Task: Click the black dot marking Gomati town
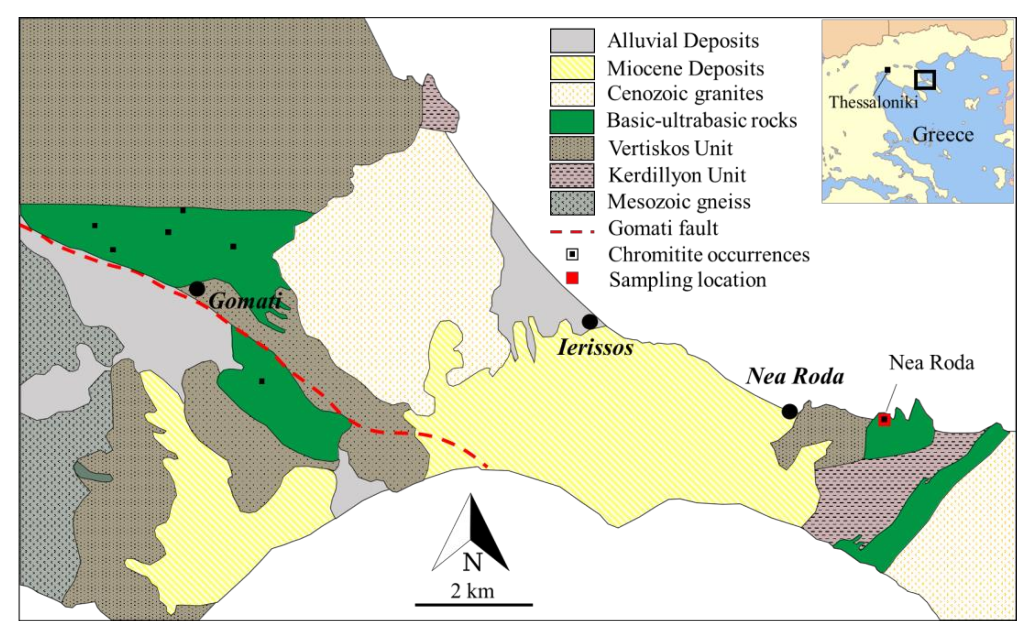pos(197,289)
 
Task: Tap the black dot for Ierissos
pos(590,322)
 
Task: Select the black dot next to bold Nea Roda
pos(790,411)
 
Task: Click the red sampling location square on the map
pos(884,419)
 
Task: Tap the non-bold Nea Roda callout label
pos(931,363)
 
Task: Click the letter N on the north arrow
pos(472,562)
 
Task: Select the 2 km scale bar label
pos(472,591)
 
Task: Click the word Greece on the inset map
pos(943,135)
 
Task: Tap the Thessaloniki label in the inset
pos(873,102)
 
